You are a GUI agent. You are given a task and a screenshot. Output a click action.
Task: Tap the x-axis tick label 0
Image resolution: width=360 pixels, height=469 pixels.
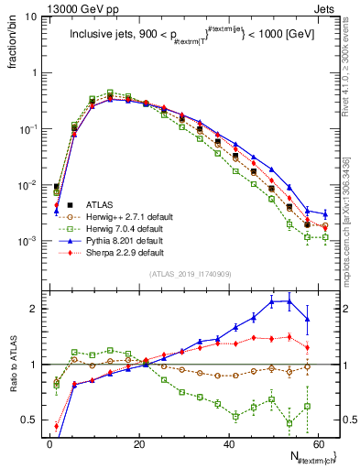pyautogui.click(x=49, y=442)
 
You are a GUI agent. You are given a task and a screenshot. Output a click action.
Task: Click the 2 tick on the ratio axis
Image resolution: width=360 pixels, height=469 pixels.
pyautogui.click(x=33, y=309)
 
